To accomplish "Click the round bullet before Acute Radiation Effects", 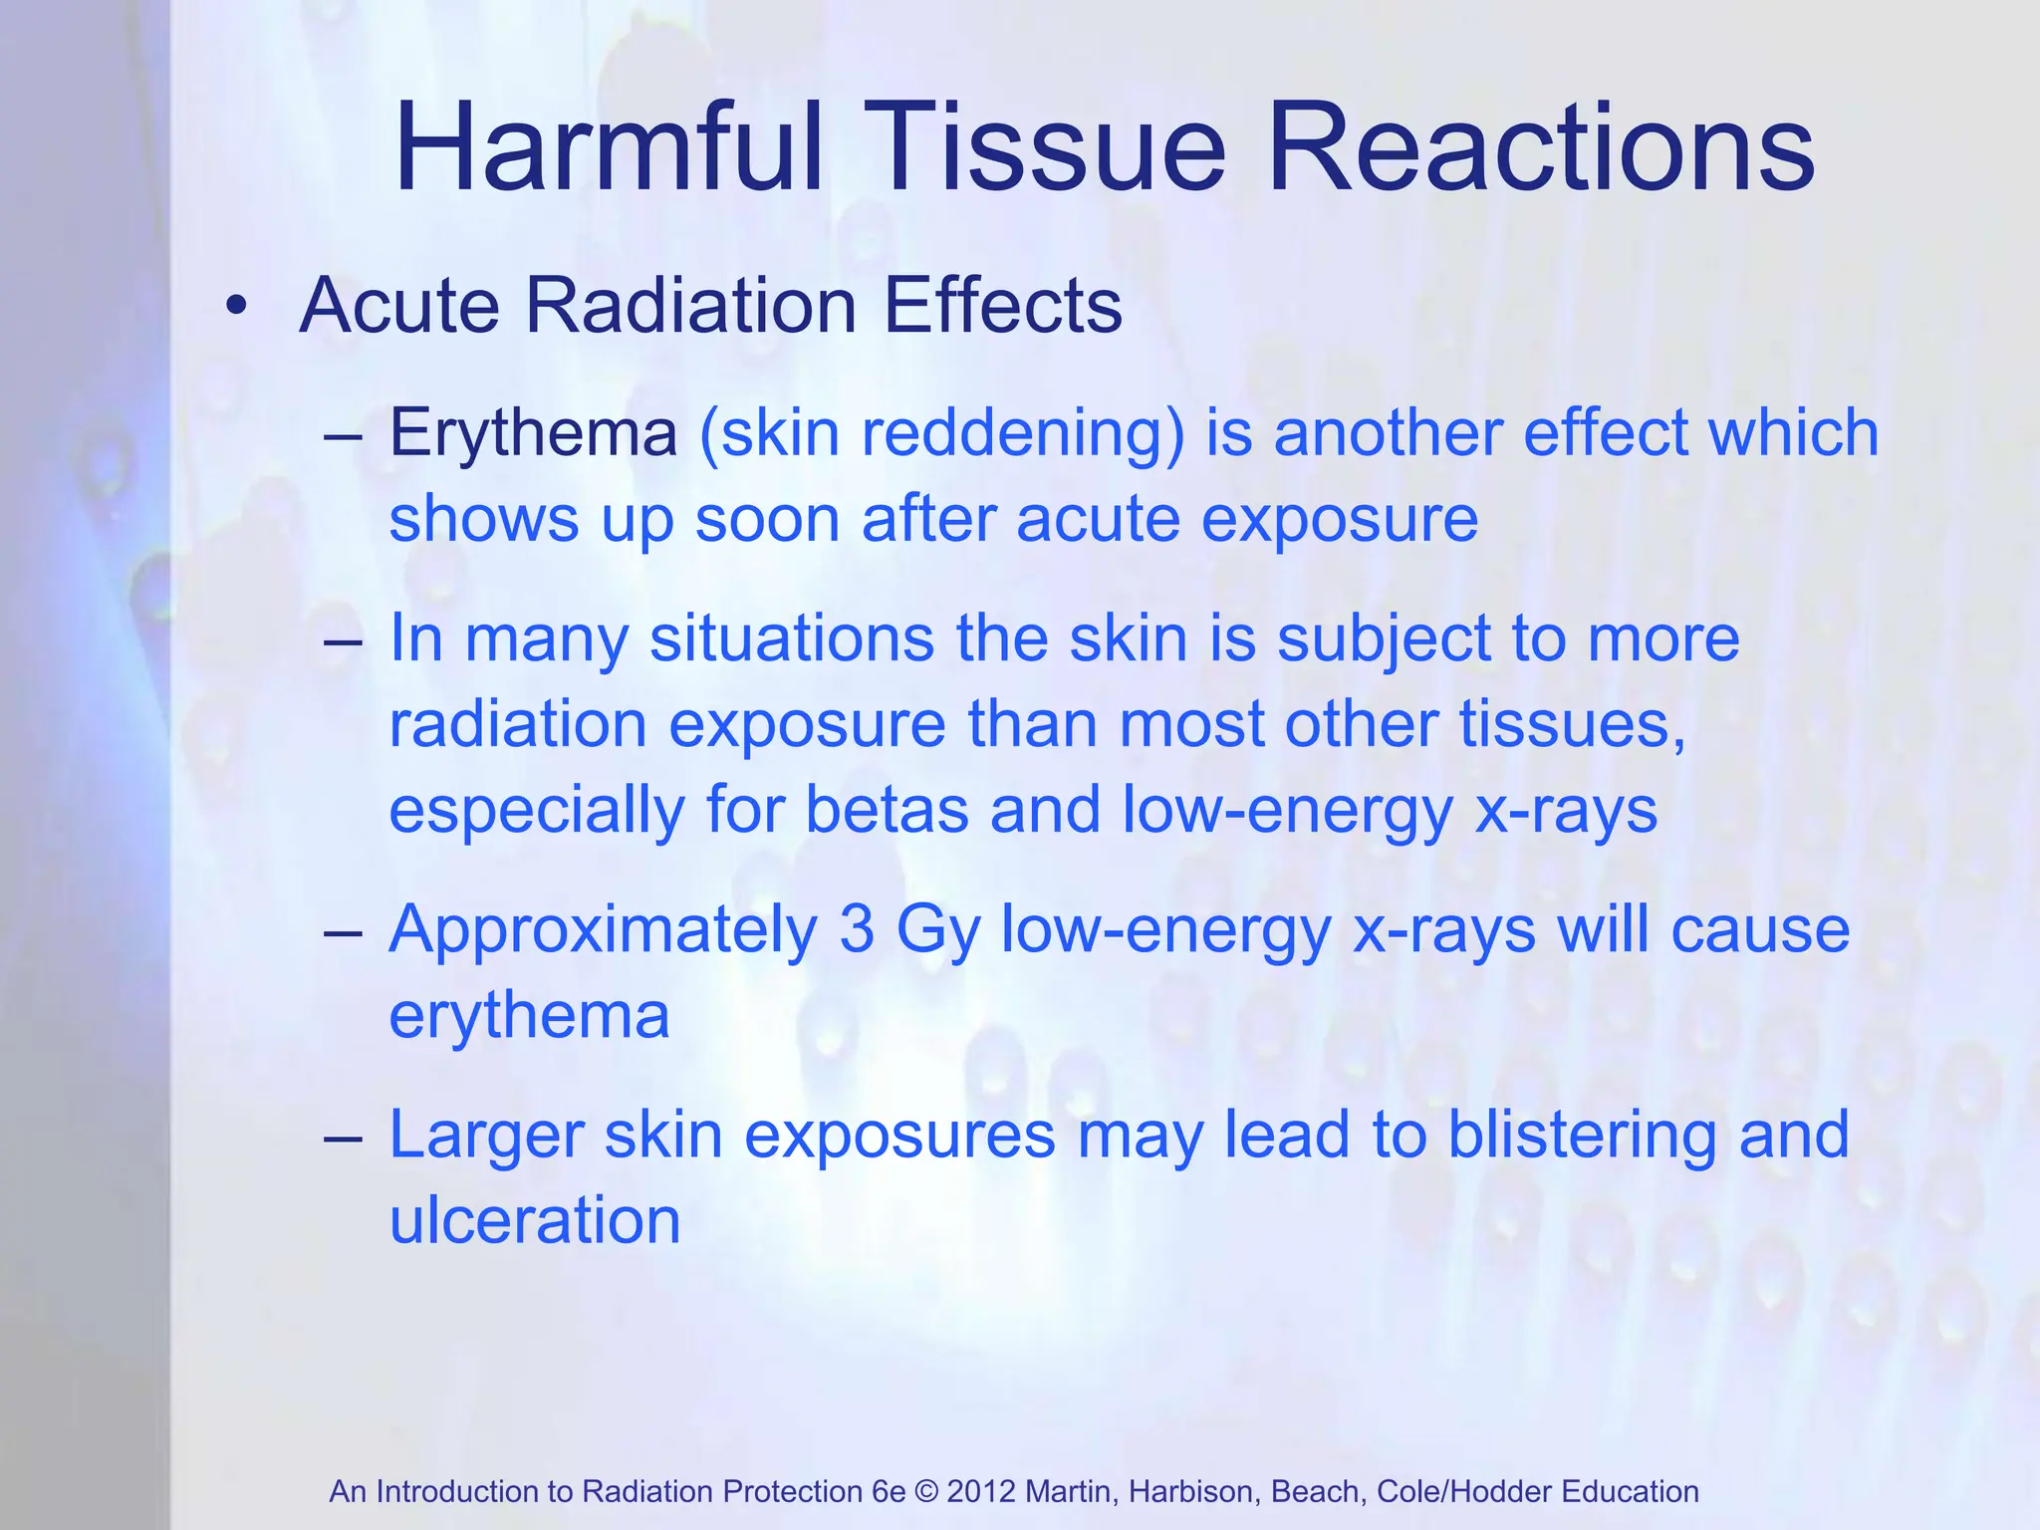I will click(235, 306).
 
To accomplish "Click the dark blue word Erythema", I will click(533, 434).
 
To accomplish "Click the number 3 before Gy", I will click(857, 929).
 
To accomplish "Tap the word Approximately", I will click(603, 931).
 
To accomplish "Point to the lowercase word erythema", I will click(529, 1016).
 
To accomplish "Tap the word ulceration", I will click(535, 1220).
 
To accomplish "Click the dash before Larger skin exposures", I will click(343, 1137).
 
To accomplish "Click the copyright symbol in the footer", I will click(926, 1491).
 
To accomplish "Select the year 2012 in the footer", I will click(981, 1491).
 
